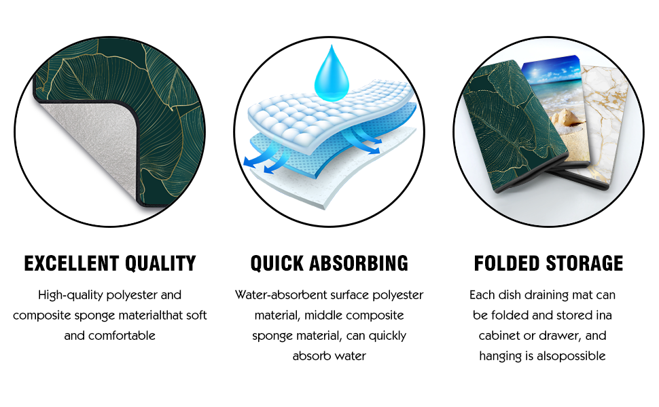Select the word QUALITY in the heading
point(163,263)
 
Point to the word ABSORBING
point(363,263)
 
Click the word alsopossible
point(572,356)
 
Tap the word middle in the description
point(326,315)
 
